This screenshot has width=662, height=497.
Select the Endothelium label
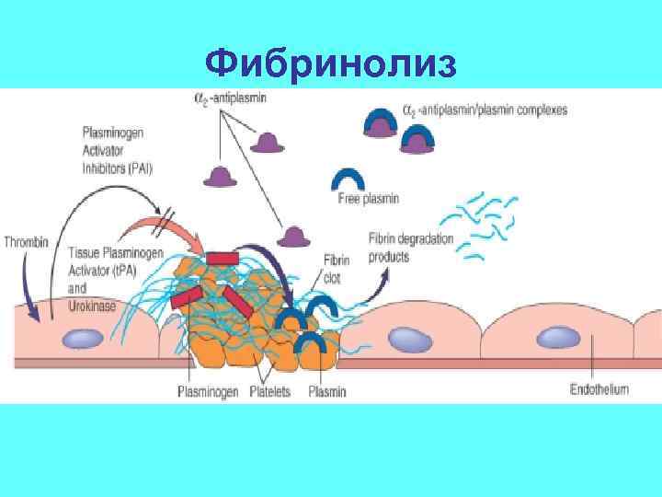[x=599, y=389]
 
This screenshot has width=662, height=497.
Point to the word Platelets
[x=269, y=392]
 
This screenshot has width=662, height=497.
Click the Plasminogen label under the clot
[x=210, y=392]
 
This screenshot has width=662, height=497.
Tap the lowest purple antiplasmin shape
[x=294, y=237]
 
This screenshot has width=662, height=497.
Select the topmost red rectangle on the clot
[x=223, y=258]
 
